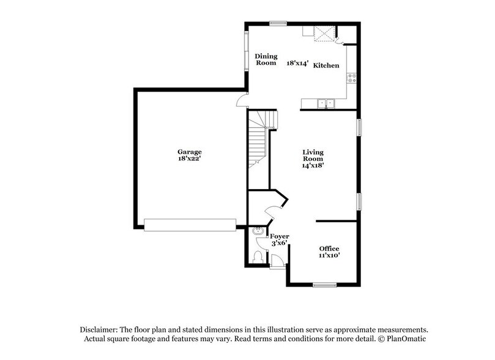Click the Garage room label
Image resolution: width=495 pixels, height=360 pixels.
coord(190,152)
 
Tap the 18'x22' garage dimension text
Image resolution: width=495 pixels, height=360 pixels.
coord(190,159)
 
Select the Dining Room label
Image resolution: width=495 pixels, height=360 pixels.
coord(266,59)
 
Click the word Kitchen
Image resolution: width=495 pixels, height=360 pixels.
coord(326,65)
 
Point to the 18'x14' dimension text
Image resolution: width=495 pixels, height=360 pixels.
coord(297,62)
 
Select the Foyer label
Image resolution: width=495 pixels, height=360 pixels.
coord(280,236)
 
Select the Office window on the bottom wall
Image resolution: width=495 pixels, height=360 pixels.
coord(325,284)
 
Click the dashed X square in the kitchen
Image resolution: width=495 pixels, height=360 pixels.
coord(322,34)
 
